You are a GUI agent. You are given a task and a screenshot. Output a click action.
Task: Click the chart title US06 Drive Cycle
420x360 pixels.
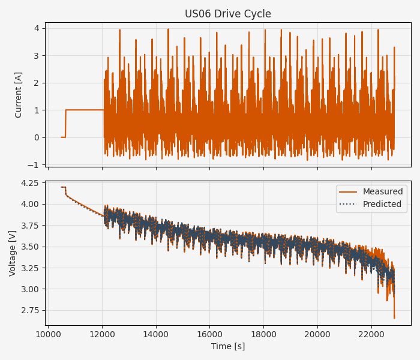pyautogui.click(x=228, y=14)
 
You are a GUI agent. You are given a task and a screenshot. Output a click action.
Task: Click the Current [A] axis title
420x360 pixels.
pyautogui.click(x=19, y=94)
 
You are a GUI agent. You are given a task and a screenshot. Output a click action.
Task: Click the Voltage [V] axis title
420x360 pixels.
pyautogui.click(x=13, y=253)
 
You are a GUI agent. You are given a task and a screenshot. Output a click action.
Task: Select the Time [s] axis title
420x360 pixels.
pyautogui.click(x=228, y=346)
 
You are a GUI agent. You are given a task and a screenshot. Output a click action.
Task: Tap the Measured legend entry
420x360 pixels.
pyautogui.click(x=382, y=192)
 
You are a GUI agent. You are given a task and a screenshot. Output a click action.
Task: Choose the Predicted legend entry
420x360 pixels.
pyautogui.click(x=382, y=205)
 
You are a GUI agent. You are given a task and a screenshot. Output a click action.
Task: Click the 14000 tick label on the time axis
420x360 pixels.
pyautogui.click(x=156, y=334)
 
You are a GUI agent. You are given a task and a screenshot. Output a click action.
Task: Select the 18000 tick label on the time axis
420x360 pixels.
pyautogui.click(x=263, y=334)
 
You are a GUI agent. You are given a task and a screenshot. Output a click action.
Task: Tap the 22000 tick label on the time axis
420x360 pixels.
pyautogui.click(x=371, y=334)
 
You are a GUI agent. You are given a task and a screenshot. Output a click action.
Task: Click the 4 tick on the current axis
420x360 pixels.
pyautogui.click(x=37, y=28)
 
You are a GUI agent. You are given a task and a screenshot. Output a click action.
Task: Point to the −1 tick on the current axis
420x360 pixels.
pyautogui.click(x=34, y=165)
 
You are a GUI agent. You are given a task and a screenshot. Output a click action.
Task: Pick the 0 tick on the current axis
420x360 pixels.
pyautogui.click(x=37, y=137)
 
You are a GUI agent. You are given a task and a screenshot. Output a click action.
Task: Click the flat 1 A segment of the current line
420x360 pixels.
pyautogui.click(x=84, y=110)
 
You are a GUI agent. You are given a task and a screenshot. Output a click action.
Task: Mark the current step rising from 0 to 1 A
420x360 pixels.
pyautogui.click(x=65, y=124)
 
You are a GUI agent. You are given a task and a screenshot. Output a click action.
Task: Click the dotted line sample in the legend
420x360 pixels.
pyautogui.click(x=348, y=205)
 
